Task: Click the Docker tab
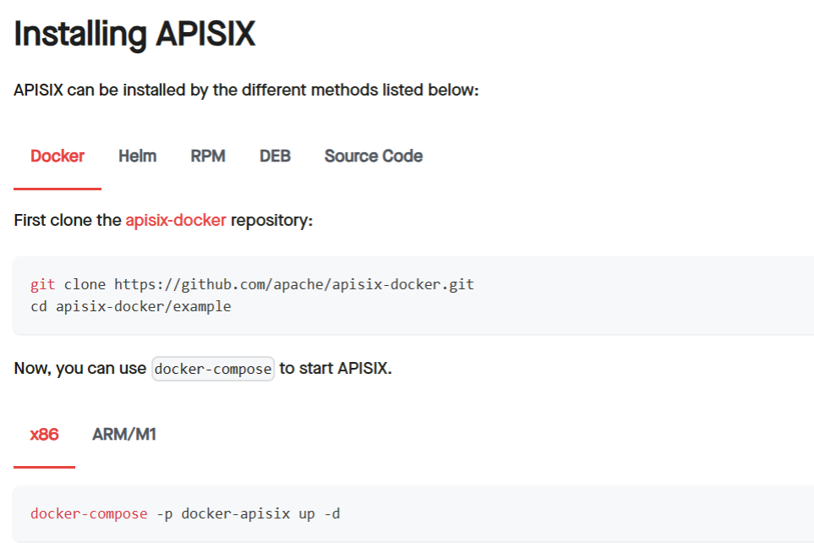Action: (57, 156)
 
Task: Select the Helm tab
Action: (137, 156)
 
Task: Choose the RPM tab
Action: (208, 156)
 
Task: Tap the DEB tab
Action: (275, 156)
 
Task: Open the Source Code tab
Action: (374, 156)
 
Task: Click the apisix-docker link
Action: (176, 220)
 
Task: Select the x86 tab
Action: (44, 435)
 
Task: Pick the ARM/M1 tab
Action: (124, 435)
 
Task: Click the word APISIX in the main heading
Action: (205, 34)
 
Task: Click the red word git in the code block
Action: (42, 284)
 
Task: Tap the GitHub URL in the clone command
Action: (294, 284)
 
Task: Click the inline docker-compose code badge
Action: (213, 369)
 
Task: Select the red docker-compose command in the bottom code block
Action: (89, 514)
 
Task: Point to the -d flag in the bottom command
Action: (331, 514)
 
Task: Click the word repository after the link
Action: (271, 221)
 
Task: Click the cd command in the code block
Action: (39, 306)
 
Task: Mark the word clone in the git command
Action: (85, 284)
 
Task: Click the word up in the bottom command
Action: (307, 514)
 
